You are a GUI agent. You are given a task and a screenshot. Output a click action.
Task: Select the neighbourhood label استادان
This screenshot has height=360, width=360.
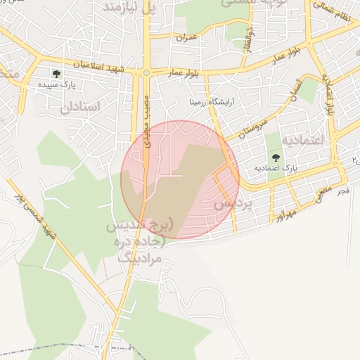[x=80, y=106]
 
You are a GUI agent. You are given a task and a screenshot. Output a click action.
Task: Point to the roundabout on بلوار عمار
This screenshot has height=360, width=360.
[x=146, y=72]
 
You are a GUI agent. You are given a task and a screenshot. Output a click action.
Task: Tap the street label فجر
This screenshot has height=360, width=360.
[x=343, y=191]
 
